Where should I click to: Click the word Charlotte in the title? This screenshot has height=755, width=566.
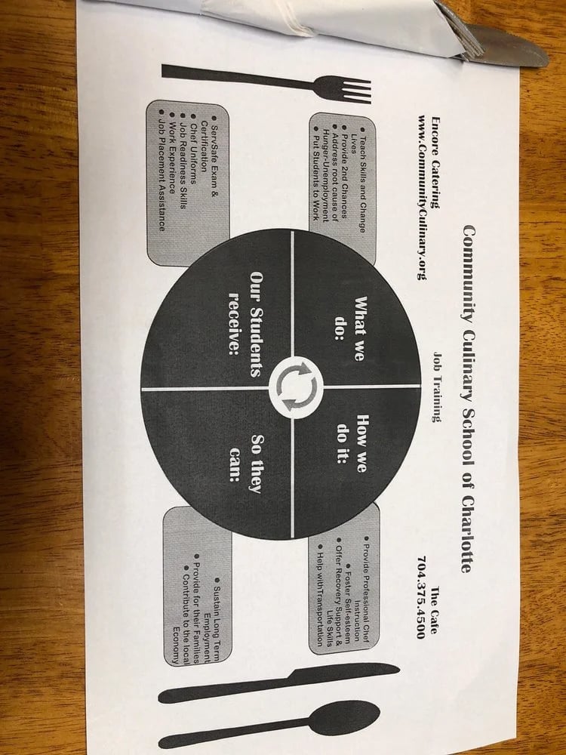click(466, 534)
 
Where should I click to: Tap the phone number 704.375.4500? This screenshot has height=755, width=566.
click(421, 597)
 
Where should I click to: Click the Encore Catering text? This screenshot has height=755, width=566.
click(436, 162)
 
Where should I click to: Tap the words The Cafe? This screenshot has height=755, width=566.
click(435, 610)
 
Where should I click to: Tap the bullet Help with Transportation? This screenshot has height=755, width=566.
click(321, 595)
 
